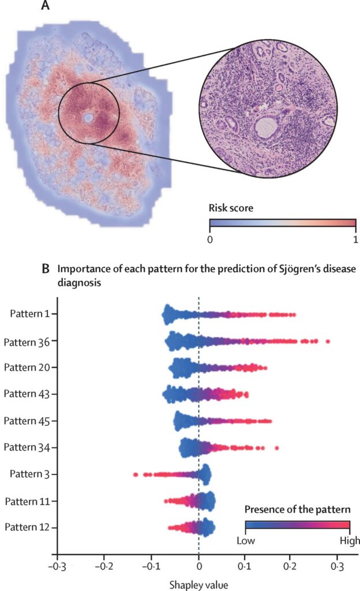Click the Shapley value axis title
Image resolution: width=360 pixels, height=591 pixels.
point(198,584)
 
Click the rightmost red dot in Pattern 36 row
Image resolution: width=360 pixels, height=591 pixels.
point(328,342)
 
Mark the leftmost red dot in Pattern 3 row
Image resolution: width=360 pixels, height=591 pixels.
point(136,474)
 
